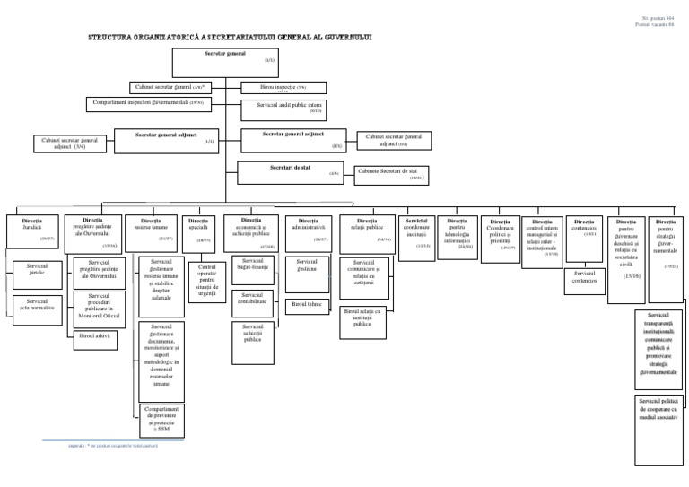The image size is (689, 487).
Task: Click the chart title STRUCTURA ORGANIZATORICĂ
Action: click(x=229, y=39)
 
